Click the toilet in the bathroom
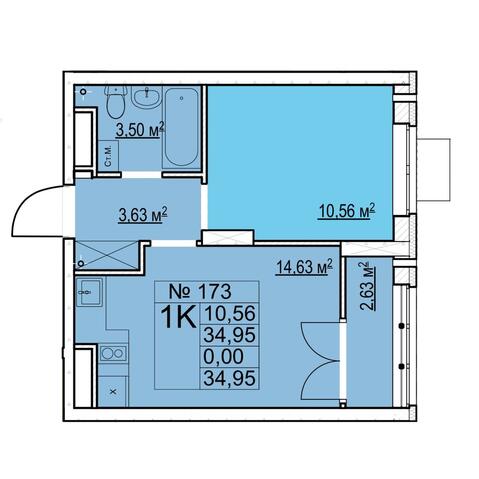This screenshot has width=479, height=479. click(116, 101)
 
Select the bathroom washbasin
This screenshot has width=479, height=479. click(146, 96)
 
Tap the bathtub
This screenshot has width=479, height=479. click(181, 127)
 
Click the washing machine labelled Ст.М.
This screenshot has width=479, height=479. click(108, 156)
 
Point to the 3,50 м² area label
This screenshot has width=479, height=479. click(140, 129)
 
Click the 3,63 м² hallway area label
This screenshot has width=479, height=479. click(143, 214)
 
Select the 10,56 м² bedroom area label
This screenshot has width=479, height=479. click(347, 211)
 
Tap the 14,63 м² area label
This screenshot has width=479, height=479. click(304, 267)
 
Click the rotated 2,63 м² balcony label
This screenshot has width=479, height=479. click(366, 286)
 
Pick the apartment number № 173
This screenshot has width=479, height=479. click(200, 291)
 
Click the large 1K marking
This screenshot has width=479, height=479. click(178, 317)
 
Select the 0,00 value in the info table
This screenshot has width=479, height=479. click(224, 356)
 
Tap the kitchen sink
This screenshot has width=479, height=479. click(89, 292)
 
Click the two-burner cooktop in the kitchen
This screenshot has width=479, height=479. click(113, 353)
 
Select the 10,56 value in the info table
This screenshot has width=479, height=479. click(230, 313)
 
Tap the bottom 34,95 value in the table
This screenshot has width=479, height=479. click(230, 378)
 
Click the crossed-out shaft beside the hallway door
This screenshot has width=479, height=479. click(107, 255)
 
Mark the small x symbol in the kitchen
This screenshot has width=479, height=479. click(113, 392)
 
